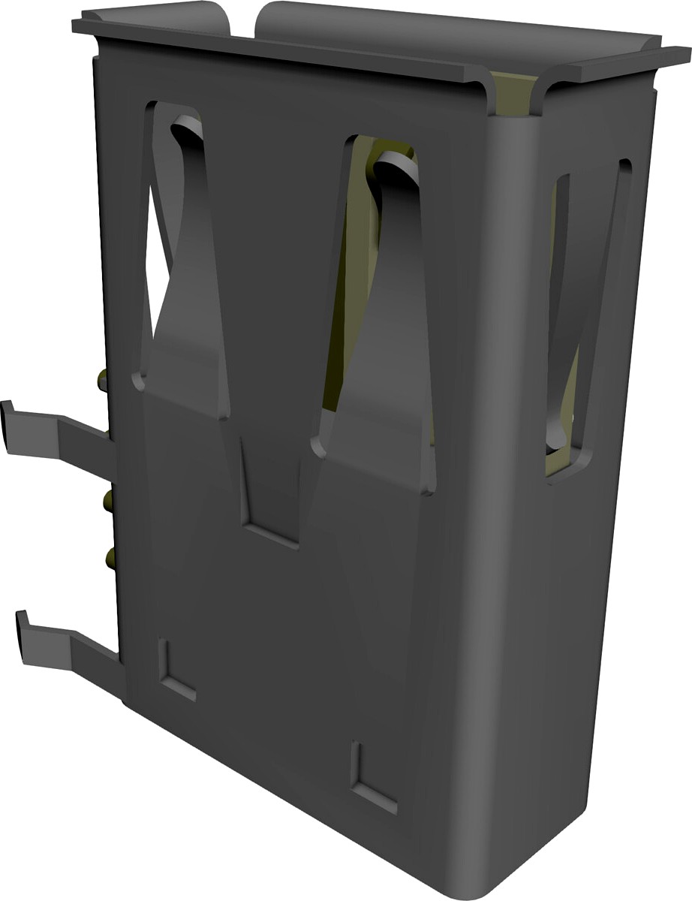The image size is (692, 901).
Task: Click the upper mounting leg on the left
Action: point(60,439)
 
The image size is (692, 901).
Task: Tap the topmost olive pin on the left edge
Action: point(102,380)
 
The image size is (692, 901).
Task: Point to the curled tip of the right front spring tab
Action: point(394,161)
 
